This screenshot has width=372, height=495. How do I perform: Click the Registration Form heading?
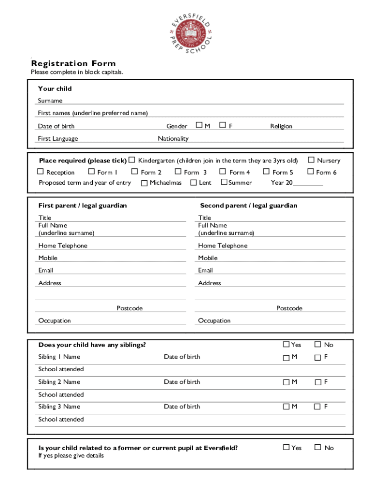[73, 63]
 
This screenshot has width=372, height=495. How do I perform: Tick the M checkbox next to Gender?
[199, 125]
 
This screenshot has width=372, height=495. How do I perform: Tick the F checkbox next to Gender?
[223, 125]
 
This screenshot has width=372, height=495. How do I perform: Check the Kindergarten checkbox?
[131, 160]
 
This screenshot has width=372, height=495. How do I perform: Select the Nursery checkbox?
[311, 160]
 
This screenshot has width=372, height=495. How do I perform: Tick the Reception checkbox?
[41, 172]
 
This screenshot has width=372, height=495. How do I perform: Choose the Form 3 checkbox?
[178, 172]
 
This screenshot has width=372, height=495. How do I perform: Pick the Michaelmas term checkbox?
[144, 183]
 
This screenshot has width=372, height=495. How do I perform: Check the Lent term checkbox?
[193, 182]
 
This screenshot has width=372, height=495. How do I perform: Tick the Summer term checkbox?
[224, 182]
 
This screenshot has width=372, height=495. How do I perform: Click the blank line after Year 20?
[308, 183]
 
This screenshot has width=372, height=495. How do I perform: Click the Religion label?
[281, 126]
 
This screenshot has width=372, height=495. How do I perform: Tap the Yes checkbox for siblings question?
[286, 344]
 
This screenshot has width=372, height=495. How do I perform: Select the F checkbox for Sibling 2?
[317, 382]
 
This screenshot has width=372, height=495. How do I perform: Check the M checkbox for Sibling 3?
[286, 407]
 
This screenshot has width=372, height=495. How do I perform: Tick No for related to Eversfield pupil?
[317, 447]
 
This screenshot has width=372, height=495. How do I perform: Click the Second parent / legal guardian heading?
[249, 205]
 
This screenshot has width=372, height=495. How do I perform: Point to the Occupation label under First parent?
[55, 320]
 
